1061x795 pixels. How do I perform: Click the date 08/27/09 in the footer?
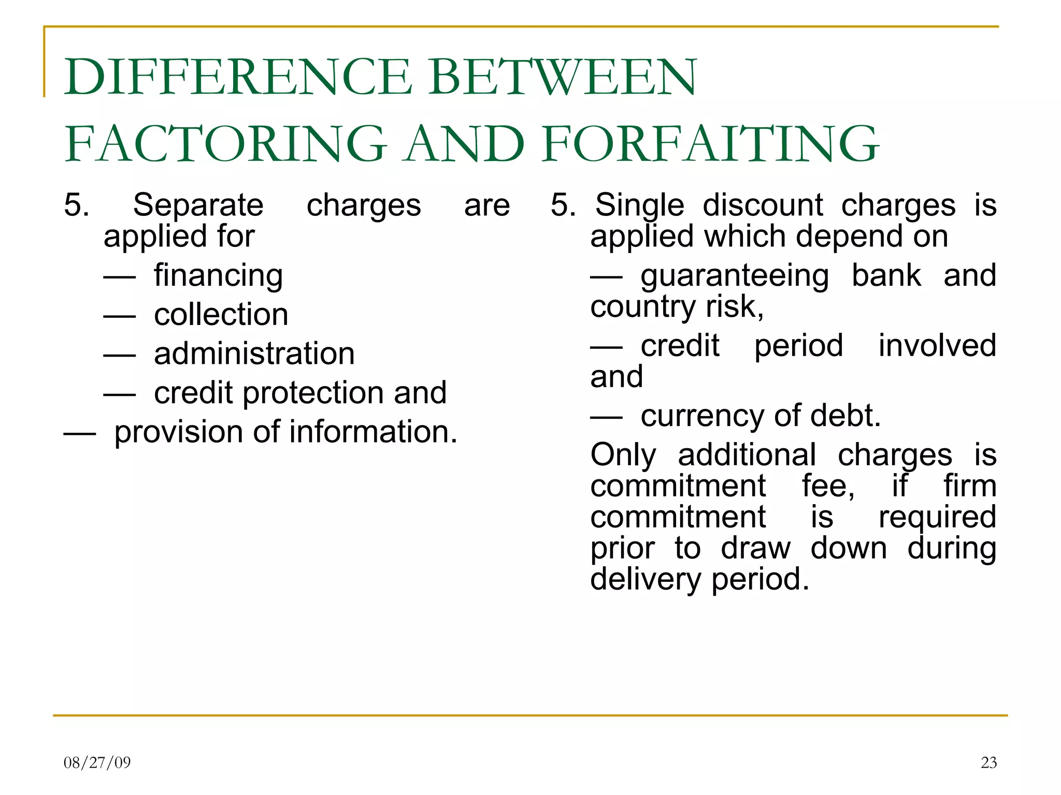97,762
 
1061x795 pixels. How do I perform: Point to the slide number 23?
988,762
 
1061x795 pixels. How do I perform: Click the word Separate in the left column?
198,205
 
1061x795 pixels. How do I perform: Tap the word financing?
218,275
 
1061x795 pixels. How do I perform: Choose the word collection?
221,315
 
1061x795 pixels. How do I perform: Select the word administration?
254,354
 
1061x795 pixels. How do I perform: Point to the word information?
373,432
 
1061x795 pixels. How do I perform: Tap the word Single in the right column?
639,205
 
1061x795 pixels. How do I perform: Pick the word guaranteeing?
734,275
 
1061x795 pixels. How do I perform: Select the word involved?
937,346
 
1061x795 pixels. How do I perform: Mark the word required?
937,518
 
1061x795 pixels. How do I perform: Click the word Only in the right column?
623,455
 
